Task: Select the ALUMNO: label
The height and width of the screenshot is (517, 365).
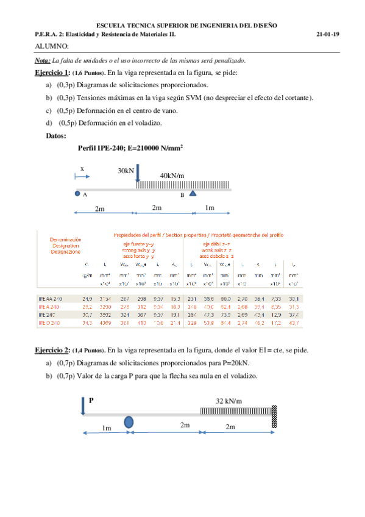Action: pos(52,46)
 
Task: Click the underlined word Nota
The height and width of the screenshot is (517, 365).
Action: pos(43,60)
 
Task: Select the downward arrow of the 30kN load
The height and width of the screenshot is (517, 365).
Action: pos(137,174)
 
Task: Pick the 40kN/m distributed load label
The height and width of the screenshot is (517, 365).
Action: pos(172,176)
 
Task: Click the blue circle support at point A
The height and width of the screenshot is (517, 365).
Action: pos(77,194)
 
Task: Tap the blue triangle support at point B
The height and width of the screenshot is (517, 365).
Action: pos(193,194)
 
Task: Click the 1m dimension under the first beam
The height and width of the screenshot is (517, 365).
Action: pos(209,208)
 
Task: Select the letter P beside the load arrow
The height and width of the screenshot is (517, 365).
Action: pos(91,401)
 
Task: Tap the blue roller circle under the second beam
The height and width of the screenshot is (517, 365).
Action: pos(129,421)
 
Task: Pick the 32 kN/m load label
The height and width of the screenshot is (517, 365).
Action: pos(229,401)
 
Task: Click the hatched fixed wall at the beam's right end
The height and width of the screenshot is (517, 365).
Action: pos(275,418)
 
